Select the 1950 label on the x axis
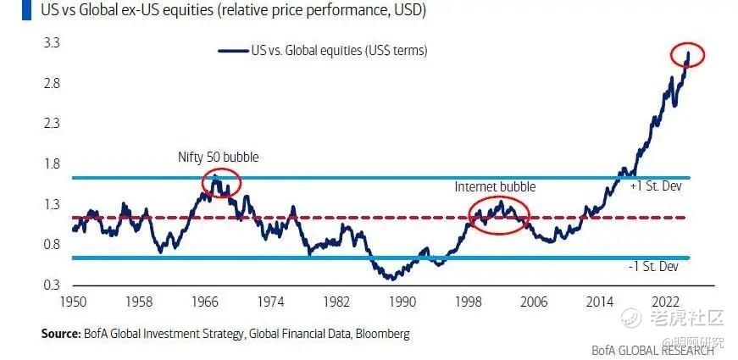pyautogui.click(x=72, y=302)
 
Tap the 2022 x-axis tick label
pyautogui.click(x=665, y=302)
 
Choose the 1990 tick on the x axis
pyautogui.click(x=402, y=302)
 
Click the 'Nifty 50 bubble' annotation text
pyautogui.click(x=218, y=158)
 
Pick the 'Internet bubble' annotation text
pyautogui.click(x=496, y=186)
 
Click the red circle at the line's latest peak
pyautogui.click(x=686, y=56)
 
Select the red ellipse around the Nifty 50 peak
pyautogui.click(x=220, y=182)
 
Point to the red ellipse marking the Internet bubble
pyautogui.click(x=499, y=213)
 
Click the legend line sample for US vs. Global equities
pyautogui.click(x=233, y=51)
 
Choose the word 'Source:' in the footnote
pyautogui.click(x=60, y=334)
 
